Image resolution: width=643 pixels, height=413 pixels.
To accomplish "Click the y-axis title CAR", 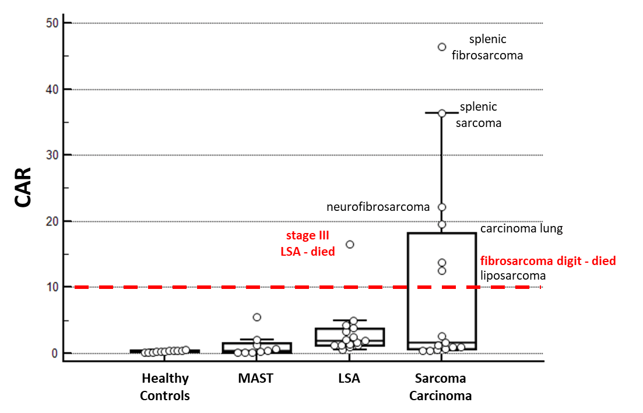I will point(23,187).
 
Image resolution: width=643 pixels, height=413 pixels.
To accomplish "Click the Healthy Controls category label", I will point(165,387).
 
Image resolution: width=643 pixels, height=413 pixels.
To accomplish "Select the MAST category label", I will point(255,379).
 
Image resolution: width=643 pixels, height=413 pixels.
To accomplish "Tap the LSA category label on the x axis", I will point(349,379).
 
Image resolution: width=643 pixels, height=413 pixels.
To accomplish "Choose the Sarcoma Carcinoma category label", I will point(440,387).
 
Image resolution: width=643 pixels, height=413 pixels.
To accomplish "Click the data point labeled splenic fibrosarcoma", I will point(442,47).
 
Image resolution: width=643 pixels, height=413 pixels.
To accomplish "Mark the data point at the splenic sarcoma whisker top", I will point(442,113).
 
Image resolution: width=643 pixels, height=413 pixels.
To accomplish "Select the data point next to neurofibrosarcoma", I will point(442,207).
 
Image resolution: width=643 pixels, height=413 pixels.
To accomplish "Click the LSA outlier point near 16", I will point(350,244).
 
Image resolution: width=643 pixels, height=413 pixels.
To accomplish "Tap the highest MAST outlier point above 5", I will point(257,317).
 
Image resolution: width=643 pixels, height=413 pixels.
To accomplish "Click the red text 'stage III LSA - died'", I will point(307,243).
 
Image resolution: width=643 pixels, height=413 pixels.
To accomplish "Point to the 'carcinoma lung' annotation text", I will point(521,229).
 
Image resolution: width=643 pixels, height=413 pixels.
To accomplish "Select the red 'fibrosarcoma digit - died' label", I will point(547,261).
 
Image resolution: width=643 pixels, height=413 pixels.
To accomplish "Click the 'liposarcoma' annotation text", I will point(513,276).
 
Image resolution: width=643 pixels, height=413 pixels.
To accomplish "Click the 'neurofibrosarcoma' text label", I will point(378,207).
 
